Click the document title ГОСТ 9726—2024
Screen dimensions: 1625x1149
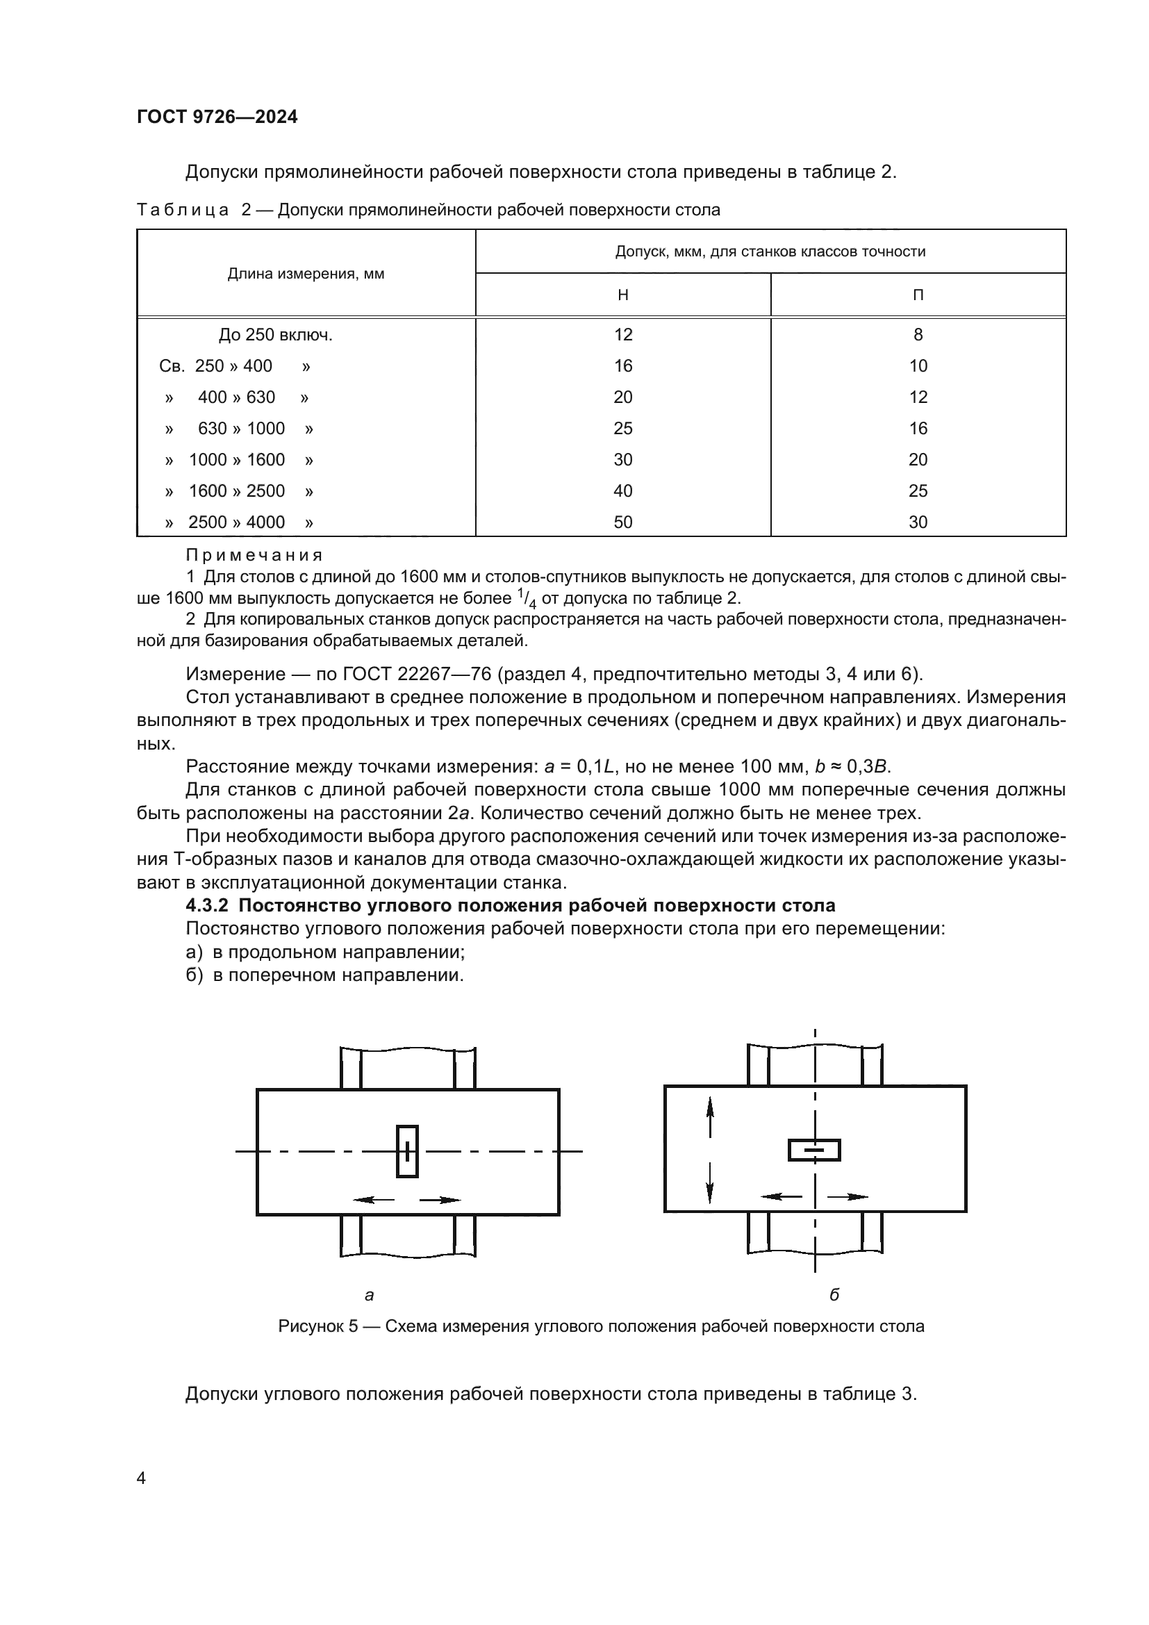click(x=217, y=117)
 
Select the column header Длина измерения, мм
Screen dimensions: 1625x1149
click(x=306, y=274)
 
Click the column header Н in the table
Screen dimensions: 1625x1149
click(x=622, y=295)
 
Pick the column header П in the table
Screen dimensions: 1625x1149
click(x=918, y=295)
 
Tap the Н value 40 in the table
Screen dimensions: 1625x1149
click(x=622, y=490)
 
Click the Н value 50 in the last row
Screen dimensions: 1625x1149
click(x=622, y=522)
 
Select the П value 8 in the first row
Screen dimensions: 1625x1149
click(x=918, y=334)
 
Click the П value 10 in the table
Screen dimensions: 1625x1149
click(x=918, y=366)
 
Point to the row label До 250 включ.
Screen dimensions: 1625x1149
click(x=275, y=335)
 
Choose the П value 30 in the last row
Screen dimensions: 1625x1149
click(x=918, y=522)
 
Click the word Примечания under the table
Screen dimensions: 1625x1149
click(x=254, y=555)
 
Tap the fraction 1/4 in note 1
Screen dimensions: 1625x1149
click(x=527, y=599)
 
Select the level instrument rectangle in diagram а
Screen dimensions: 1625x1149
click(x=407, y=1151)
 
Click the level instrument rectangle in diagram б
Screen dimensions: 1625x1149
click(x=814, y=1150)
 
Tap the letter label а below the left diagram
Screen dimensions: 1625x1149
click(x=369, y=1295)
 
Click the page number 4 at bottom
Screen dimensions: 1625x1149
click(x=141, y=1478)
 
